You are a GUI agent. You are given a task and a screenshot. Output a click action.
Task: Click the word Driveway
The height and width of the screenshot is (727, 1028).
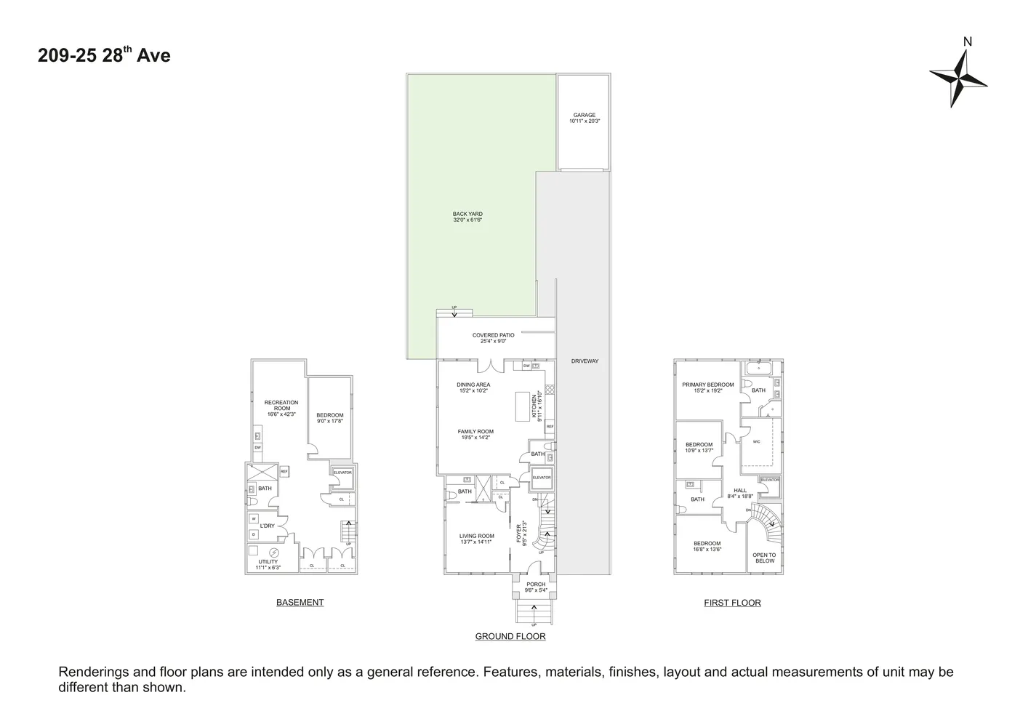(585, 361)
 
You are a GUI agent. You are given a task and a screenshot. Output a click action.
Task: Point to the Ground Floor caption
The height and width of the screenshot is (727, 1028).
(510, 637)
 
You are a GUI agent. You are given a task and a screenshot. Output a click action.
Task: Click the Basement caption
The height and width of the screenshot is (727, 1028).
(300, 603)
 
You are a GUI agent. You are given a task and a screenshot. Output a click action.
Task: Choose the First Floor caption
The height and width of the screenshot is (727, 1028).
(732, 603)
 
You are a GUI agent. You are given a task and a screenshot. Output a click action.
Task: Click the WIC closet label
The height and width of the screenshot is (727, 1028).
(756, 441)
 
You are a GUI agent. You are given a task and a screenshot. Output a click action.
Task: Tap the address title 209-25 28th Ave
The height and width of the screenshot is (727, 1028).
(104, 56)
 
